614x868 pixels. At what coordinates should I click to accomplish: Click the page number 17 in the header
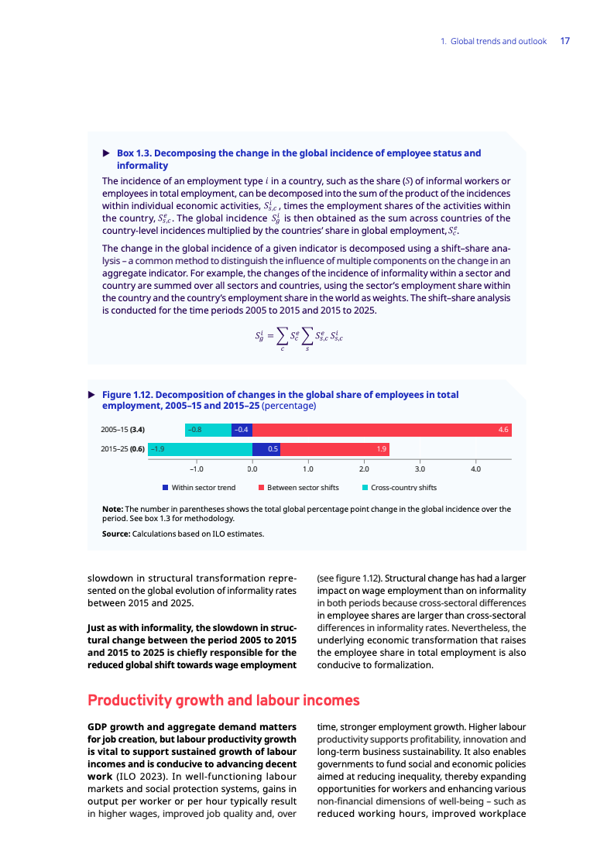(x=564, y=41)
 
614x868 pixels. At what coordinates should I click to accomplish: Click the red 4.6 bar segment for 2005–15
(x=382, y=430)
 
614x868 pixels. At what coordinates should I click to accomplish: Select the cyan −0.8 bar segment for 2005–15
(x=208, y=430)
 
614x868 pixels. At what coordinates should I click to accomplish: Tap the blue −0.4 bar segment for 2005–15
(x=242, y=430)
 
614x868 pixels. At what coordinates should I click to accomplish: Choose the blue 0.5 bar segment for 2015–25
(x=266, y=449)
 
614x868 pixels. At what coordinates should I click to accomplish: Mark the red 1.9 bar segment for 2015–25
(x=334, y=449)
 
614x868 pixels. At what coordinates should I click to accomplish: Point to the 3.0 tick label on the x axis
(x=420, y=468)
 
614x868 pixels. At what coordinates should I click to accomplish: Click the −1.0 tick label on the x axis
(x=196, y=468)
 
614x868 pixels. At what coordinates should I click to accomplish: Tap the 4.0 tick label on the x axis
(x=476, y=468)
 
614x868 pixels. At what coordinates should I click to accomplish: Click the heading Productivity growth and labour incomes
(x=224, y=701)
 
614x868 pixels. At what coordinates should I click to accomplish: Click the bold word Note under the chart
(x=112, y=509)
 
